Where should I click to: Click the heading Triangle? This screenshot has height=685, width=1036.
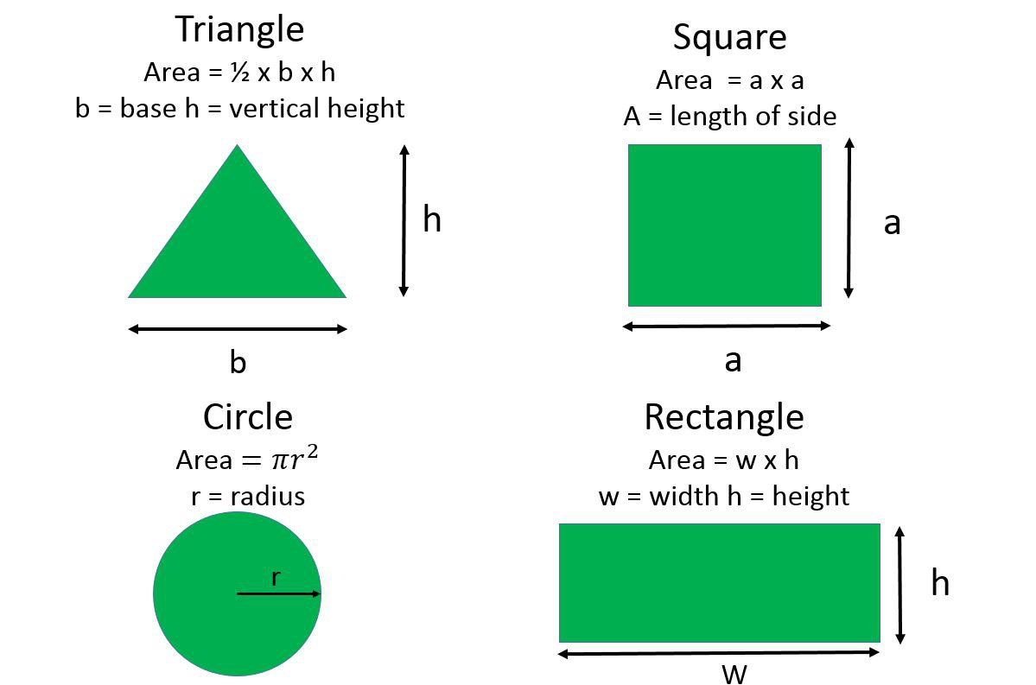[239, 29]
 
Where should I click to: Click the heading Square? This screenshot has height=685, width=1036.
[729, 38]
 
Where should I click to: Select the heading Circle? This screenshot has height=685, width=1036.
[248, 417]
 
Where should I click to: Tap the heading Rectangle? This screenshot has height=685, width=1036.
[724, 418]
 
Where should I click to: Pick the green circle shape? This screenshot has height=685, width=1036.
[238, 593]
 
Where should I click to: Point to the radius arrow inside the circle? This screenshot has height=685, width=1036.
[278, 593]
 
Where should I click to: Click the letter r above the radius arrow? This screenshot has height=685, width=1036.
[276, 578]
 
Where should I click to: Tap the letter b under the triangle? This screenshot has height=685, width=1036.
[238, 362]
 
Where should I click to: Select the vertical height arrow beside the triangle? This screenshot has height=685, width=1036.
[404, 220]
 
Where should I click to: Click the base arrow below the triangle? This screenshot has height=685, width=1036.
[238, 329]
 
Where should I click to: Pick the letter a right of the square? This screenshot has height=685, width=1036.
[892, 223]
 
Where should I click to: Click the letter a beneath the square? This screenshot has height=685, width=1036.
[733, 361]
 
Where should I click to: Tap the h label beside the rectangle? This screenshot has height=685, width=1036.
[940, 582]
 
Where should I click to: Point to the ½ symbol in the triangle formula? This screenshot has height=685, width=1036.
[240, 72]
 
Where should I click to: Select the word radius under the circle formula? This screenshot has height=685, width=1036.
[268, 496]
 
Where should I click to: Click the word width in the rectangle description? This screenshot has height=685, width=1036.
[684, 496]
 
